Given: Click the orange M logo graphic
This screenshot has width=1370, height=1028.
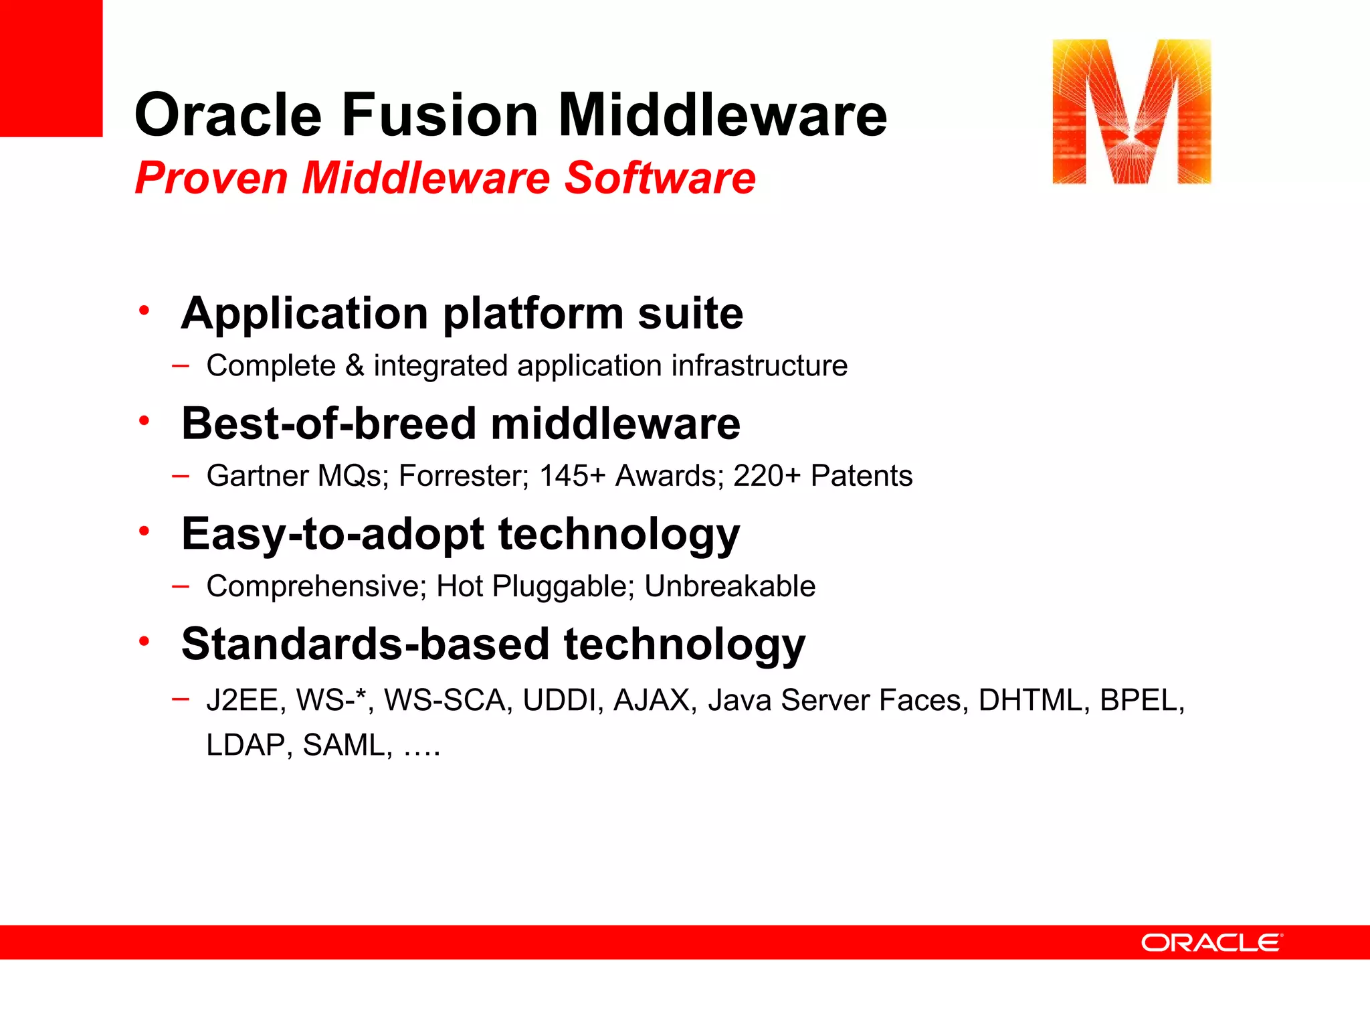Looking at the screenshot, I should [1131, 112].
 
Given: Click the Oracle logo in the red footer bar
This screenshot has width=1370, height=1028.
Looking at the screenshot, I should [1211, 942].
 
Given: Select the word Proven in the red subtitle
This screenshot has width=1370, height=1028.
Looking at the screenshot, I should [211, 178].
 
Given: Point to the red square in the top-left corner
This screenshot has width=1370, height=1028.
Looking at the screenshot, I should [51, 68].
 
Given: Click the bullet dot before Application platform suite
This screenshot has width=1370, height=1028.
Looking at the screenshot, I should [144, 311].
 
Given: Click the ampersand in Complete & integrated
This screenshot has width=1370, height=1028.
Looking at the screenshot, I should [355, 366].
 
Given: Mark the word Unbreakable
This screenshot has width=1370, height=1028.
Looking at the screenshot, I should [730, 586].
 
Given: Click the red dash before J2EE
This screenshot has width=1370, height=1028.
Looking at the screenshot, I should [180, 699].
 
